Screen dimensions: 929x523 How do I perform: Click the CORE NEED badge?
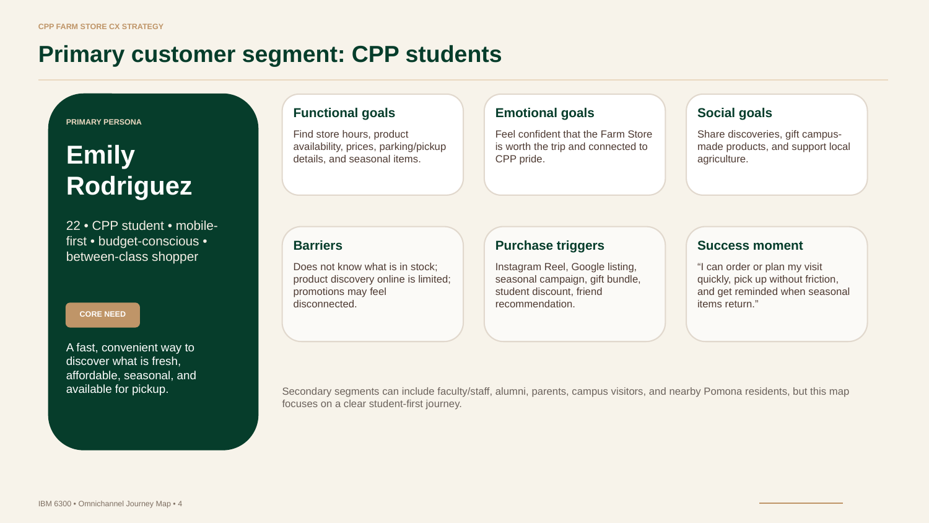[102, 315]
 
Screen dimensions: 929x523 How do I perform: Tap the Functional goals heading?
[344, 113]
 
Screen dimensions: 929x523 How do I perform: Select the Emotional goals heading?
[544, 113]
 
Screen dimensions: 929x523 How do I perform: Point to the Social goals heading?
[735, 113]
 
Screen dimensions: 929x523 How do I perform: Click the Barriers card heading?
[318, 245]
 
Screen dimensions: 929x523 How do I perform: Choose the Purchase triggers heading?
[549, 245]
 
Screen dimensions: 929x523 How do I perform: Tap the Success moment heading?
[750, 245]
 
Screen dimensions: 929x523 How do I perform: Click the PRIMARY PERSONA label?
[103, 122]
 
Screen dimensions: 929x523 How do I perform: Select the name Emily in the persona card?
[100, 156]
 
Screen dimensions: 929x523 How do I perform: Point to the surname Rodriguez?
[129, 186]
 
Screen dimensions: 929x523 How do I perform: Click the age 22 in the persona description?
[73, 226]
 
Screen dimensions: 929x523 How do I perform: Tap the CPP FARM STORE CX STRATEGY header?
[101, 27]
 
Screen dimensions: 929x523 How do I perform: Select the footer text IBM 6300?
[55, 504]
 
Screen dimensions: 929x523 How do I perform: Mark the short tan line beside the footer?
[801, 503]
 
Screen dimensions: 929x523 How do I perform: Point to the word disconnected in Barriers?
[325, 304]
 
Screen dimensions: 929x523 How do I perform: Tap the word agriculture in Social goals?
[723, 159]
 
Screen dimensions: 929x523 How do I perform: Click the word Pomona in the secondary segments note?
[722, 392]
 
